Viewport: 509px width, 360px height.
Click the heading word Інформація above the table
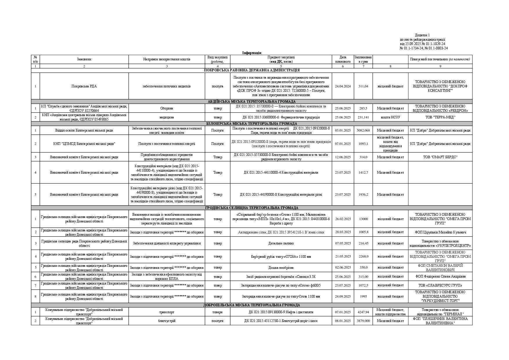[252, 53]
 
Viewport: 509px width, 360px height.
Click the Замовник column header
[84, 59]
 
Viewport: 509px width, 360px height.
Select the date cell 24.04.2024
[343, 86]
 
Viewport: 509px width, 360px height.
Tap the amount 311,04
[363, 86]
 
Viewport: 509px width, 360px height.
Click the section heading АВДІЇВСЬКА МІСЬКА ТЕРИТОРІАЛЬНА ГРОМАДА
[252, 102]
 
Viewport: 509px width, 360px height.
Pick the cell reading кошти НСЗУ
[390, 117]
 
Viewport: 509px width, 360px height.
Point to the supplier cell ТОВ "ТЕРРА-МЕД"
[440, 117]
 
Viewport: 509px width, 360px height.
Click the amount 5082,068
[363, 130]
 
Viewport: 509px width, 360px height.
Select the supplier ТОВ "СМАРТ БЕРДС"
[440, 157]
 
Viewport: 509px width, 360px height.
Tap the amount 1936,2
[363, 195]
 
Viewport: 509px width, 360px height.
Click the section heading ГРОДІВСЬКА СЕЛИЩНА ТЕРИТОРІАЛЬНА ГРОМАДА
[252, 208]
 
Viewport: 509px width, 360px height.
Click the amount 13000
[363, 219]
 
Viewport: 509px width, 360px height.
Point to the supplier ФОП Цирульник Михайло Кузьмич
[440, 232]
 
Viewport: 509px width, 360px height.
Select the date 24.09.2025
[343, 296]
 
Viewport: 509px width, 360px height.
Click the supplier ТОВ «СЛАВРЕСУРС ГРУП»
[440, 285]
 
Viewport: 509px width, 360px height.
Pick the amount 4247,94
[363, 312]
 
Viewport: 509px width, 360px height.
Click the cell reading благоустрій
[167, 321]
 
